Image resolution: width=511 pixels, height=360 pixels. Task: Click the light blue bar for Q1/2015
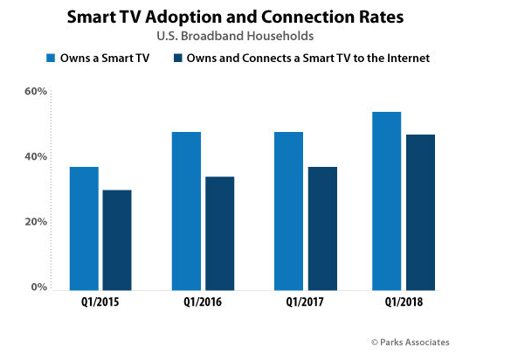84,228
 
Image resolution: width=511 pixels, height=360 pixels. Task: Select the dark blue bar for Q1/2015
116,239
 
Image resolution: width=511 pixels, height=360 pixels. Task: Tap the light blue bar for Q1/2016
186,211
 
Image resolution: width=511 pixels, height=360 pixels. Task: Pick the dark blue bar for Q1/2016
219,233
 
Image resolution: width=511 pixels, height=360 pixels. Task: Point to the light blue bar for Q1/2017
288,211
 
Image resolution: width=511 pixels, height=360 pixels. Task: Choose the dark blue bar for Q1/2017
321,228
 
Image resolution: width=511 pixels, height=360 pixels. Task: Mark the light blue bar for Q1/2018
386,201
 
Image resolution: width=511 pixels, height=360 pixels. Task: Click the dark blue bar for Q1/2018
419,212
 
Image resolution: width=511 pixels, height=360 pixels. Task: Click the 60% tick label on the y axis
34,92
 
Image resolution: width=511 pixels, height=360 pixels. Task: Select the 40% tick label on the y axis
34,157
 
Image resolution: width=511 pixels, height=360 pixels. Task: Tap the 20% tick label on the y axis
34,222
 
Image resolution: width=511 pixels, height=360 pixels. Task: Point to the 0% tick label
38,287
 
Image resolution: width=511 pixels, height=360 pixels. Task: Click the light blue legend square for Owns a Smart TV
50,59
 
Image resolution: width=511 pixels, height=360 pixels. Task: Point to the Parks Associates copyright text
410,342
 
